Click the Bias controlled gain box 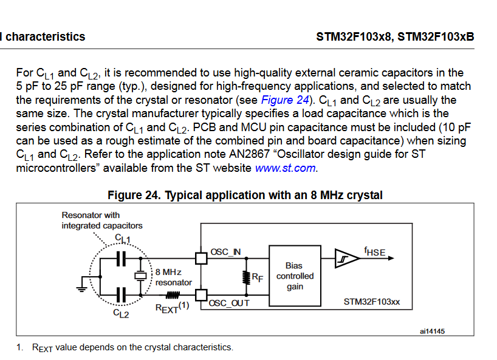(295, 276)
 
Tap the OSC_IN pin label (225, 252)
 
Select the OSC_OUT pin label (229, 302)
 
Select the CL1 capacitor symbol (120, 259)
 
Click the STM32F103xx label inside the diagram (371, 301)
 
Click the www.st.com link (286, 168)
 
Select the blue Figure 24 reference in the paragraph (285, 100)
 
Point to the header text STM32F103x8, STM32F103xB (395, 36)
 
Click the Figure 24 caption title (245, 195)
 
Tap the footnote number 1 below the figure (19, 347)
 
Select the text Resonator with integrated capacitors (101, 220)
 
